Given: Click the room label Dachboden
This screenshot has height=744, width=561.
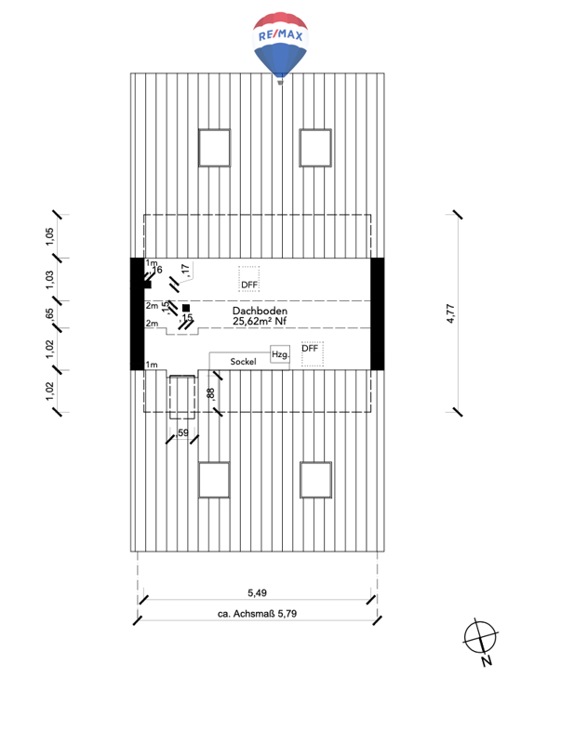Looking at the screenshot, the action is tap(260, 311).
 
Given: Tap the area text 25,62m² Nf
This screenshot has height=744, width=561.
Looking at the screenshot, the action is tap(260, 321).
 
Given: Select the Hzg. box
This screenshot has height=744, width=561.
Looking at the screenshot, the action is tap(280, 354).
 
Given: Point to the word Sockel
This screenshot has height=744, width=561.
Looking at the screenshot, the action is tap(244, 362).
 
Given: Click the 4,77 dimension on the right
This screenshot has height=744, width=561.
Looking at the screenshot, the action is tap(450, 313).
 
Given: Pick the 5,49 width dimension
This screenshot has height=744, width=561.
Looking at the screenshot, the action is tap(258, 592).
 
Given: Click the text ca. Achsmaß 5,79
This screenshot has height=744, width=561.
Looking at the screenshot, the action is tap(258, 614).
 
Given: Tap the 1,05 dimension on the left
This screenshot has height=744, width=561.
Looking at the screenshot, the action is tap(49, 236).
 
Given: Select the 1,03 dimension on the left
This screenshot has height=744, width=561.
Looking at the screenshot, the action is tap(49, 280).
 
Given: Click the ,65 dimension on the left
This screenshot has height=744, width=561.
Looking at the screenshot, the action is tap(49, 314).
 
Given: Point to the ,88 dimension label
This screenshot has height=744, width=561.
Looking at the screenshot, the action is tap(211, 393).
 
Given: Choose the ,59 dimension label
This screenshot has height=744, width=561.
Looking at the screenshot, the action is tap(181, 432).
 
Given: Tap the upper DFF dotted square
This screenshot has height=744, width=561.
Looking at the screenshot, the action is tap(248, 278).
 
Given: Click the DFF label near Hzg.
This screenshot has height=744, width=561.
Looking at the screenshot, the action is tap(310, 348).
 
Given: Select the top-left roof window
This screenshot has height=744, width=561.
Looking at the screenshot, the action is tap(215, 148).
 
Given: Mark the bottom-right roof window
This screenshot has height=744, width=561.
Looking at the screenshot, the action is tap(315, 480).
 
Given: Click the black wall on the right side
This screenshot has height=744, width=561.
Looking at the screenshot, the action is tap(378, 313).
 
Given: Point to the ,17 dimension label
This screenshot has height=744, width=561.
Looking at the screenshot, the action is tap(185, 270).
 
